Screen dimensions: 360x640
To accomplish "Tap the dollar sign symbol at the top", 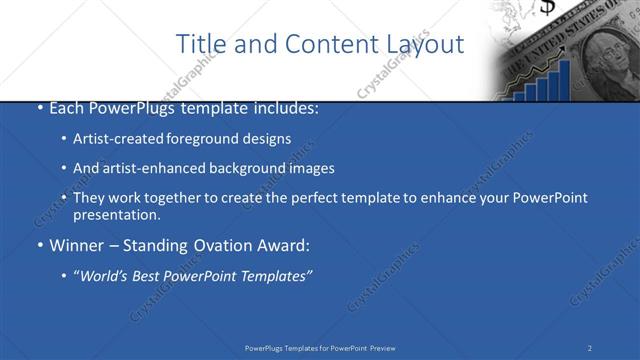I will coord(547,8).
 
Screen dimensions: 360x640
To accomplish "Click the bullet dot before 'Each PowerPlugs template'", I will coord(39,108).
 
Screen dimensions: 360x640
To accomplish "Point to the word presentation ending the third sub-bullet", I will coord(114,215).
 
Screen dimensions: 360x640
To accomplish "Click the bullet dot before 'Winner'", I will coord(39,245).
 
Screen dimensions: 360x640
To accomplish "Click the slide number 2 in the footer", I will coord(590,347).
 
